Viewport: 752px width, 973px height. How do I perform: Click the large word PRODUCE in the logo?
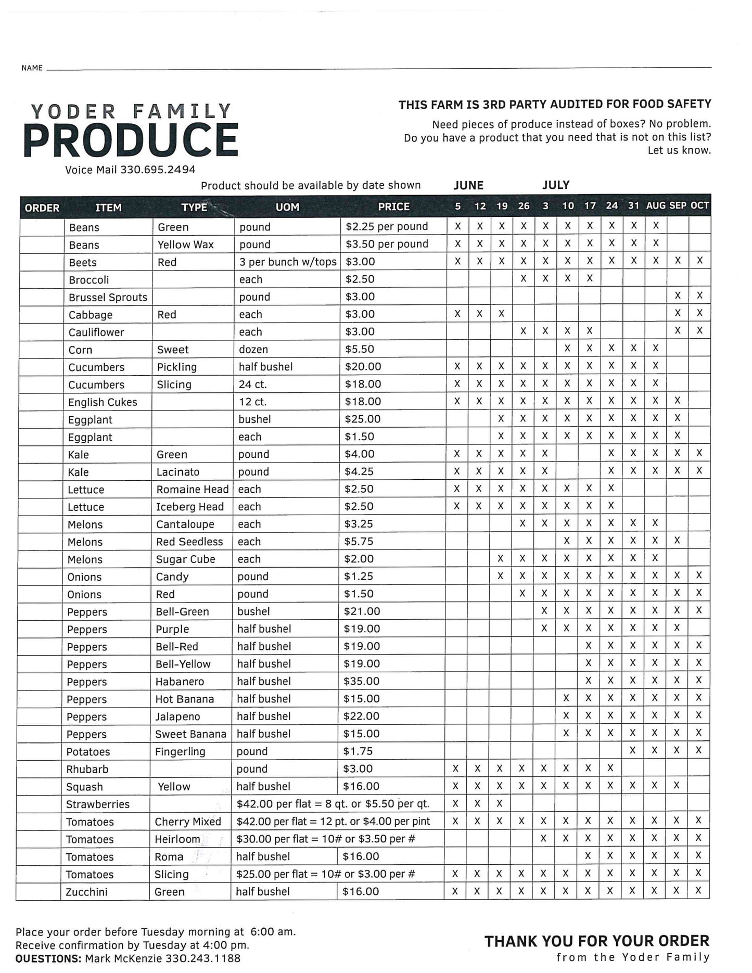(131, 140)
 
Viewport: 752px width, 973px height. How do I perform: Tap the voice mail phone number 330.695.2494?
(158, 170)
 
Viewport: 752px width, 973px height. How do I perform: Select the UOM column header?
(287, 207)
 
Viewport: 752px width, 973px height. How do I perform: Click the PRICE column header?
(393, 207)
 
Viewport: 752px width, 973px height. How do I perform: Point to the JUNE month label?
(468, 185)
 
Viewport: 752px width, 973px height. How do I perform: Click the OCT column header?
(699, 206)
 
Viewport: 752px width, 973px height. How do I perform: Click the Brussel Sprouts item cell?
(108, 297)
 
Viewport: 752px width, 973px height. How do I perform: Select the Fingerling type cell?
(180, 751)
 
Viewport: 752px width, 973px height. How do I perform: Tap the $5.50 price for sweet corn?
(360, 349)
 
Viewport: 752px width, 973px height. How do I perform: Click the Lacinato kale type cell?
(177, 472)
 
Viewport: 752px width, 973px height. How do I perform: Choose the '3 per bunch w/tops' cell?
(288, 262)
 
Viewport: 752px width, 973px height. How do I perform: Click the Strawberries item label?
(98, 804)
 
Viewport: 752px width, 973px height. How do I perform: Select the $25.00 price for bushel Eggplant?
(362, 419)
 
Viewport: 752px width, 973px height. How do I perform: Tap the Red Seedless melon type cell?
(189, 542)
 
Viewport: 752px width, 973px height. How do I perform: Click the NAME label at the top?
(32, 68)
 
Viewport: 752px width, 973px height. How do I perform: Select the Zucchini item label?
(86, 892)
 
